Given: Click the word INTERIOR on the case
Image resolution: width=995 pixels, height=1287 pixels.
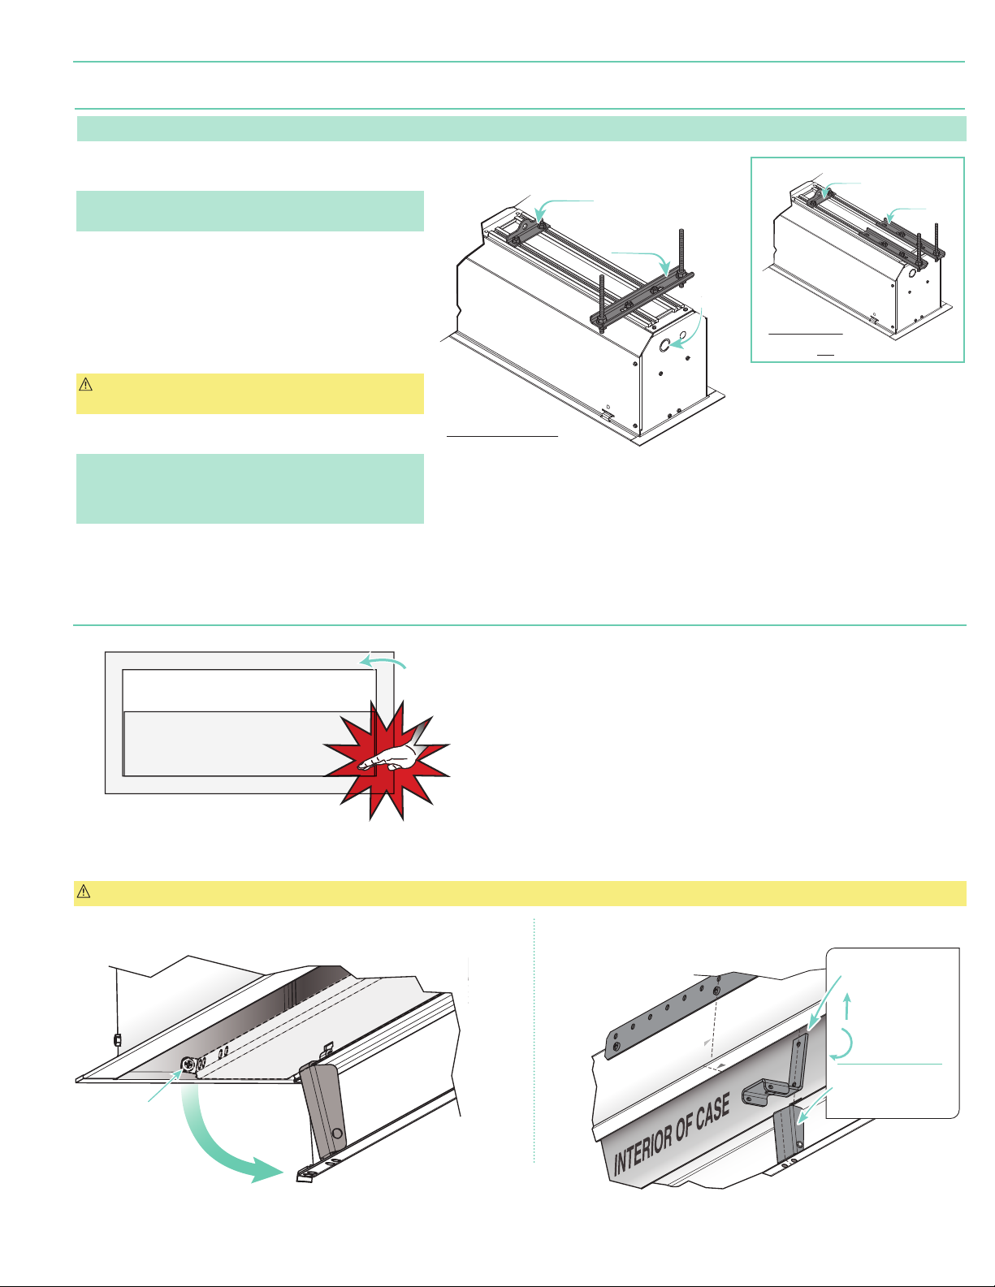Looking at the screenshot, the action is pyautogui.click(x=647, y=1141).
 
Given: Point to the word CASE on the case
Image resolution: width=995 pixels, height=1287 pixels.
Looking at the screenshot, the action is pyautogui.click(x=712, y=1110).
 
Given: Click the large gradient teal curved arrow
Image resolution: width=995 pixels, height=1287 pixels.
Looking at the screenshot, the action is pyautogui.click(x=219, y=1145).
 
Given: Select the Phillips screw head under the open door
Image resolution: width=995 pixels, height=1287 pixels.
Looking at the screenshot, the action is pyautogui.click(x=189, y=1064).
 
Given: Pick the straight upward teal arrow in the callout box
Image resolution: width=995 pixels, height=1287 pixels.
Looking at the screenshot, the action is pyautogui.click(x=846, y=1007).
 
